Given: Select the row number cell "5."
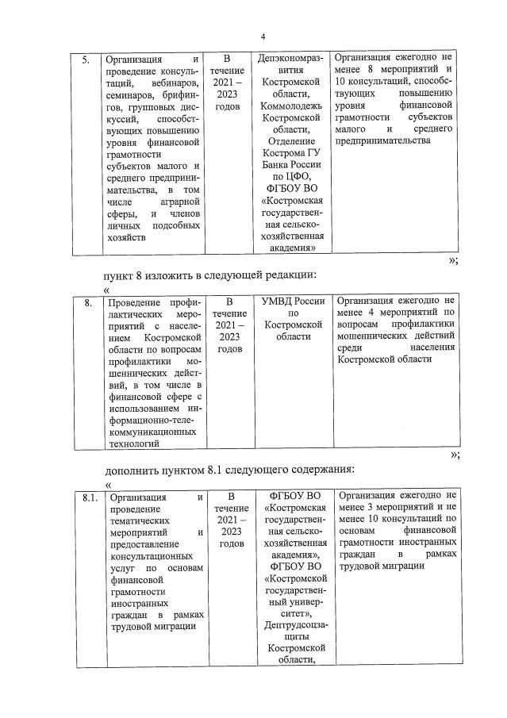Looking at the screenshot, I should click(x=87, y=59).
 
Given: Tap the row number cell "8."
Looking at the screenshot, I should click(x=90, y=302).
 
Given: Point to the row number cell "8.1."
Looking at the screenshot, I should click(x=90, y=497).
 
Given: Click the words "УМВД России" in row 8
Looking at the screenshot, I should click(x=294, y=302).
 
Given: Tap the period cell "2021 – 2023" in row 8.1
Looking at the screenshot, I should click(x=229, y=524).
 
